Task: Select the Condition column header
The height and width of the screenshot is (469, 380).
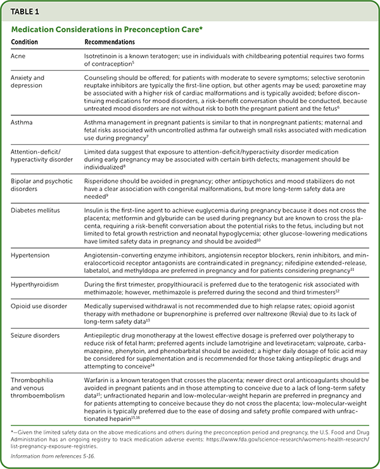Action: point(25,42)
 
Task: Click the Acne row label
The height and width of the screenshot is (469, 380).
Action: point(19,55)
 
